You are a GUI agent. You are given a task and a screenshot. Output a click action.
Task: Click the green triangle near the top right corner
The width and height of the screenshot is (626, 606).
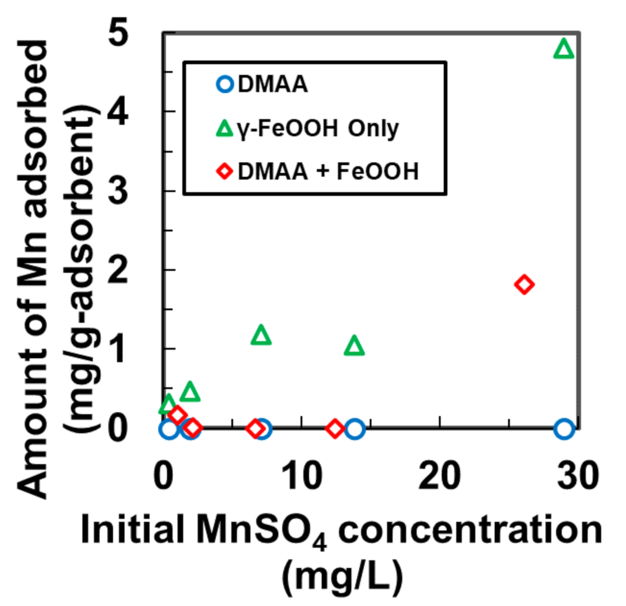[563, 49]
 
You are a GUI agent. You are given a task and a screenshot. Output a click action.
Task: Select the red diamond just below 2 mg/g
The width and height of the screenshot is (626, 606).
[524, 284]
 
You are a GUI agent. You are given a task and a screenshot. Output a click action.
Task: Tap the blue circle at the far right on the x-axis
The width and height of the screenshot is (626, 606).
[564, 429]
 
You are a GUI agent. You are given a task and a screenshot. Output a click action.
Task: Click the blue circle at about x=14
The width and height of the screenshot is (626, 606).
[355, 429]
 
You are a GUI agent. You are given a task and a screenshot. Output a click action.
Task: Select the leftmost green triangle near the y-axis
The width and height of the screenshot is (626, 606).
[168, 405]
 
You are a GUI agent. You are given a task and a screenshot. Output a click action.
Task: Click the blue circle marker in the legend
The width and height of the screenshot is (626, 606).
[225, 84]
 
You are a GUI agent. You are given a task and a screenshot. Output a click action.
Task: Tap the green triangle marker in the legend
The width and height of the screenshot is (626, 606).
[225, 128]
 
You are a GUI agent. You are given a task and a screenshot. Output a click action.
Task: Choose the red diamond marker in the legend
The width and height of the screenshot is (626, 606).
[225, 172]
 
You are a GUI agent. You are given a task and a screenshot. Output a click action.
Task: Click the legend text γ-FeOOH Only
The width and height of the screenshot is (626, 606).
[317, 128]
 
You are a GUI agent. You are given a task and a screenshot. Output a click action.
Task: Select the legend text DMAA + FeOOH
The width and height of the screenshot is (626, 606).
[328, 172]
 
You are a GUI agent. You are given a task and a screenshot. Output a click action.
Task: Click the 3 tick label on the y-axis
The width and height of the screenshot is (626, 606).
[118, 191]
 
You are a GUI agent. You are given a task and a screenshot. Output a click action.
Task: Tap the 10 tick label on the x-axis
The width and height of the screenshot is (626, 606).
[302, 476]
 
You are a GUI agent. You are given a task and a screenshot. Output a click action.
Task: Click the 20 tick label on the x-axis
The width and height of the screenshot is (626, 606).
[440, 476]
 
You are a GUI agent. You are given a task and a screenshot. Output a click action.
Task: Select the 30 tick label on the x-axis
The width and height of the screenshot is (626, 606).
[578, 476]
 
